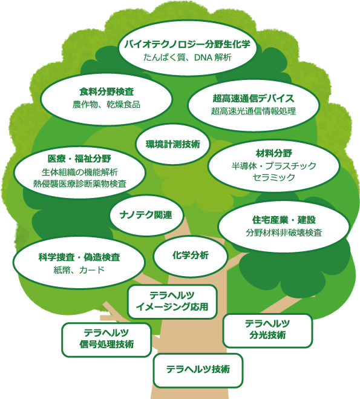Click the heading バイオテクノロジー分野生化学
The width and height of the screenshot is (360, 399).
[x=188, y=44]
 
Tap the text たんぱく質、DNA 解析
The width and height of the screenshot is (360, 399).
[x=188, y=58]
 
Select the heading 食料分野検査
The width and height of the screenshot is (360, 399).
[x=106, y=91]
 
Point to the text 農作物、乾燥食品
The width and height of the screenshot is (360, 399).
[x=106, y=104]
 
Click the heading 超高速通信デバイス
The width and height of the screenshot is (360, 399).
[x=254, y=98]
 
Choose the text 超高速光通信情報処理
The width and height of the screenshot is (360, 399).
[x=254, y=111]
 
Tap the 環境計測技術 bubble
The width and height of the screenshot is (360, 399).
[x=173, y=144]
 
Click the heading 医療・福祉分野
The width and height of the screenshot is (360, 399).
[x=79, y=159]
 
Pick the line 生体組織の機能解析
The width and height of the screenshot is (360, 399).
[x=80, y=172]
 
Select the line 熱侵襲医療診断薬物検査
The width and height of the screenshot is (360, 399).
[x=80, y=183]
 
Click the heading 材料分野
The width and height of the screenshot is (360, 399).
[x=274, y=153]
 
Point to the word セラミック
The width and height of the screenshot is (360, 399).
[x=274, y=177]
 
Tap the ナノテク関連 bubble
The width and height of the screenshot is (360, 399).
[x=146, y=215]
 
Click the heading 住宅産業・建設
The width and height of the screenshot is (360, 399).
[x=284, y=220]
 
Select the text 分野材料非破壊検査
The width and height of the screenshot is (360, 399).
[x=284, y=232]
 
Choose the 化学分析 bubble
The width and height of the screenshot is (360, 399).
[x=191, y=256]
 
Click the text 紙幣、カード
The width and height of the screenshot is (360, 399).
[x=79, y=269]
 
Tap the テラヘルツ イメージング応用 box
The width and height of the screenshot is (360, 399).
[x=172, y=302]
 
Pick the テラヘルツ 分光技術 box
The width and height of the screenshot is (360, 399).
[x=267, y=331]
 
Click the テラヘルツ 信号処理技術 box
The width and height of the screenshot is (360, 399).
[x=106, y=340]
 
